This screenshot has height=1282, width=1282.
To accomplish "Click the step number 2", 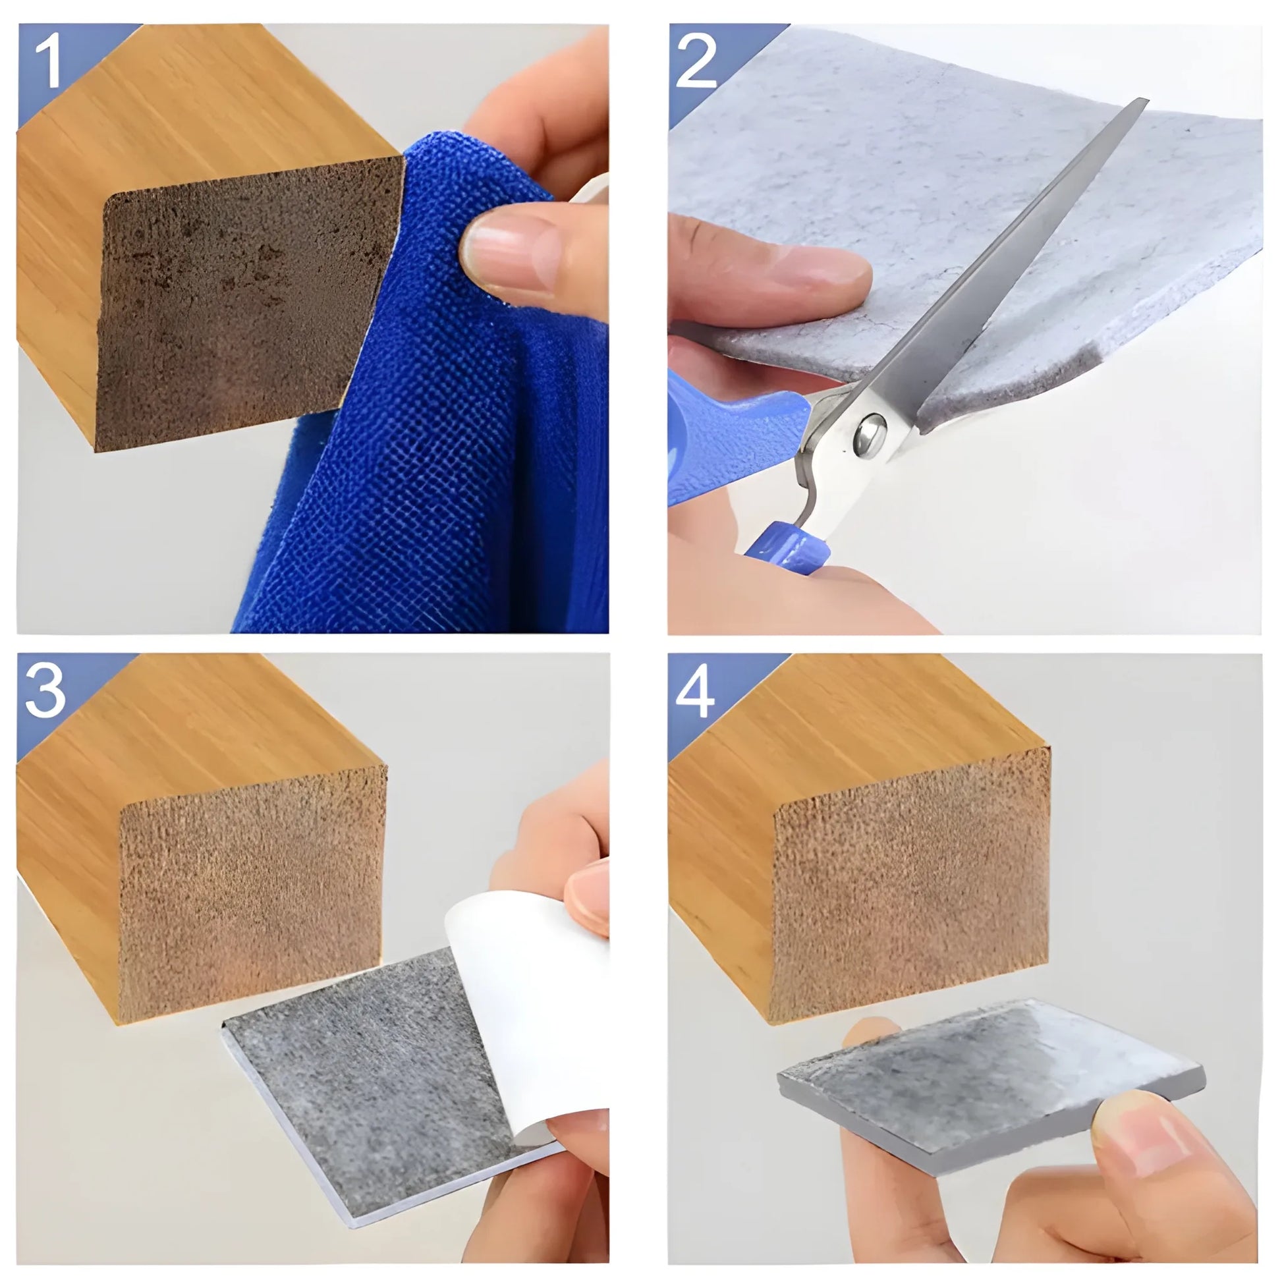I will pos(697,63).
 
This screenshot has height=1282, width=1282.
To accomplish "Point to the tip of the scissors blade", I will pos(1142,103).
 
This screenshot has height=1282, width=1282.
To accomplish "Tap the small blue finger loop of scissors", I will pos(787,547).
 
